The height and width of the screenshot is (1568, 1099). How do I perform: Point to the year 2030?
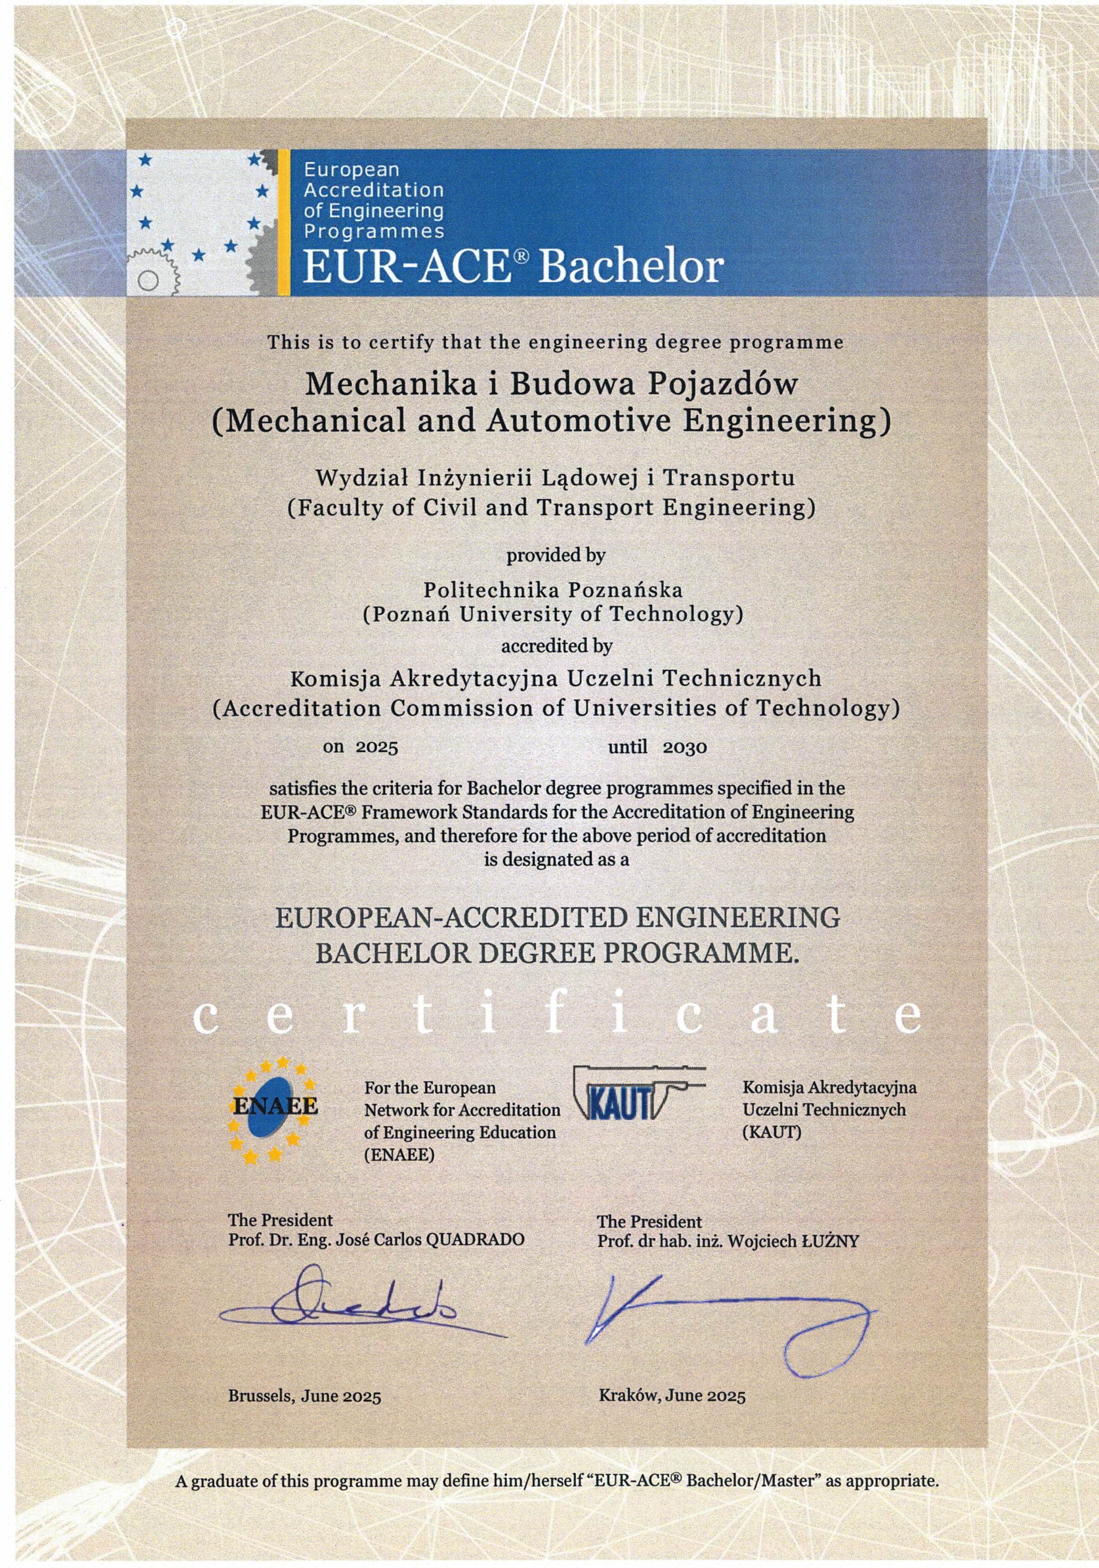[x=684, y=747]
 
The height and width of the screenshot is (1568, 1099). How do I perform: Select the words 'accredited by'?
[x=557, y=646]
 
